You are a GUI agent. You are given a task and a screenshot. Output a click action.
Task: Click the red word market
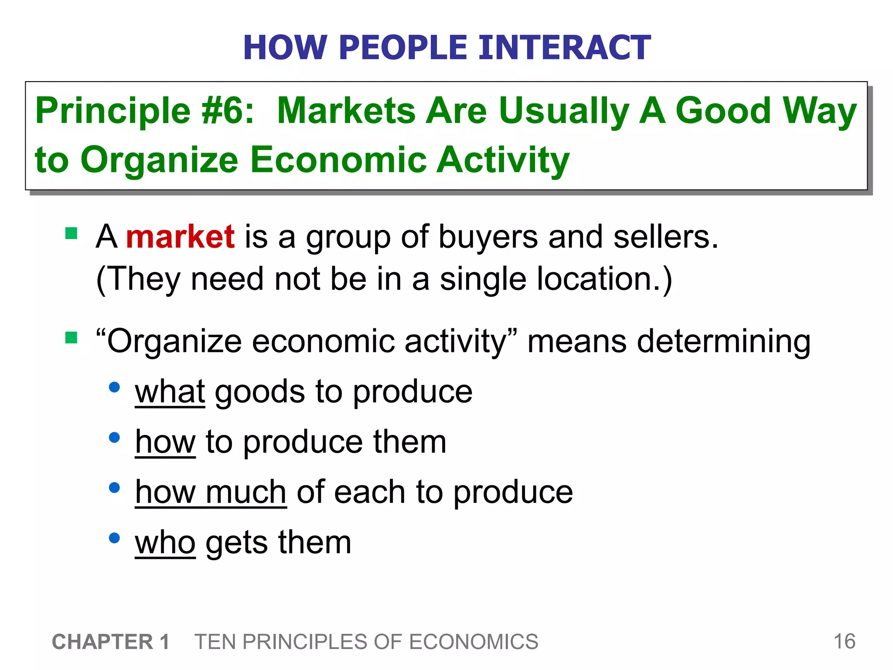tap(180, 237)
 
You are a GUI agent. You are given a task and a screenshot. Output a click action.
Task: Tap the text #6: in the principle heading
tap(228, 111)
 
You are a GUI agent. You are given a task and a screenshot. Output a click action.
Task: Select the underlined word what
tap(170, 391)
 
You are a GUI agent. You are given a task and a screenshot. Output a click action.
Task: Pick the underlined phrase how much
tap(211, 492)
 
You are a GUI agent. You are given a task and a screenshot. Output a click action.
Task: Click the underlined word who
tap(165, 543)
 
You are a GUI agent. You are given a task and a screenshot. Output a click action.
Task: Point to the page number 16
tap(844, 642)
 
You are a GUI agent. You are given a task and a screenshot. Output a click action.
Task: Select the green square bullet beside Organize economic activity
tap(71, 338)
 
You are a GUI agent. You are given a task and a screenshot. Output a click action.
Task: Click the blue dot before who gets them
tap(114, 538)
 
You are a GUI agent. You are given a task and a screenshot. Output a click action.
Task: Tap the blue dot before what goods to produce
tap(114, 387)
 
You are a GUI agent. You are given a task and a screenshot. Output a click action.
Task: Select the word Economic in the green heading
tap(338, 160)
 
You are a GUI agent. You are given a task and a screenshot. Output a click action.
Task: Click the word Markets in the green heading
tap(346, 111)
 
